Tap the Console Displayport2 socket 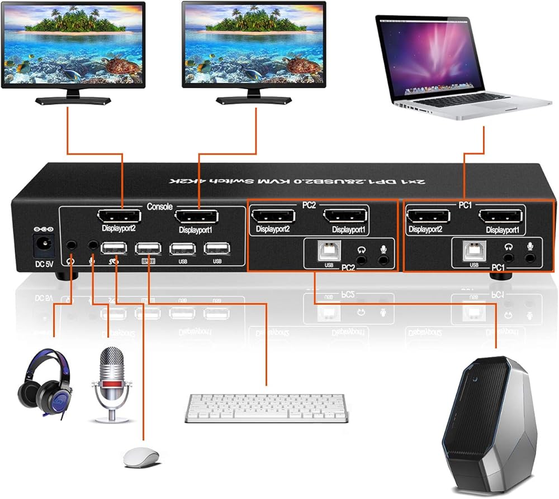(120, 217)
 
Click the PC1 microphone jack (530, 258)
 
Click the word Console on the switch (159, 207)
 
